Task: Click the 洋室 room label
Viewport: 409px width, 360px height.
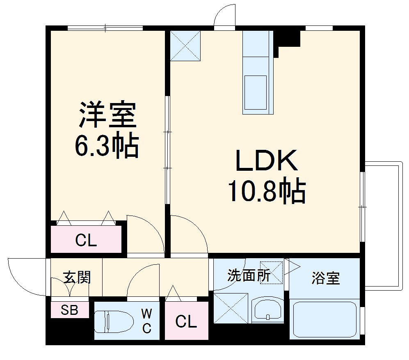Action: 107,115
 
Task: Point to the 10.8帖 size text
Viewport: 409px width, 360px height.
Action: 267,191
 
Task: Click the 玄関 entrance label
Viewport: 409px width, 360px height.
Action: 77,277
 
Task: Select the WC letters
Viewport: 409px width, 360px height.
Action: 146,321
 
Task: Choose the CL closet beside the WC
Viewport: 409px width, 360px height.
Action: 186,322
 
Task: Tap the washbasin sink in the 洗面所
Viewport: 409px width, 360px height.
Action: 267,309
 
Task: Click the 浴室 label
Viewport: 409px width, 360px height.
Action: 325,278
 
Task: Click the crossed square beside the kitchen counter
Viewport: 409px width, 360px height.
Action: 185,46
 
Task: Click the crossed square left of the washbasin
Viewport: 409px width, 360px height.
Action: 231,308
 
